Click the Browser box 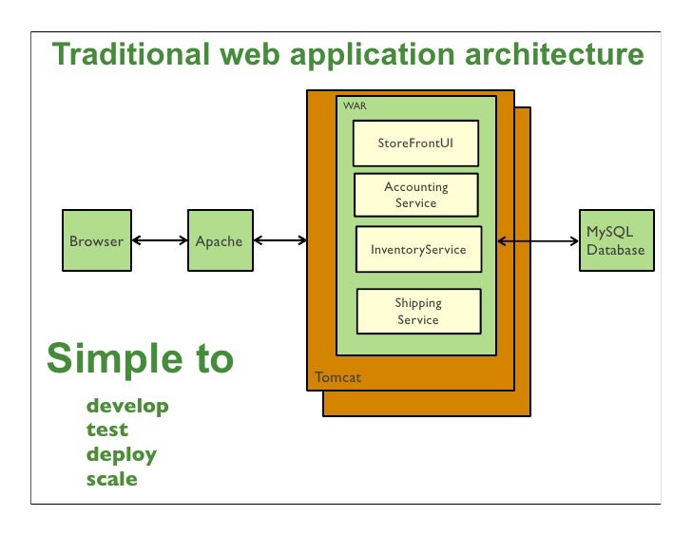coord(96,241)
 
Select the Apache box coord(219,241)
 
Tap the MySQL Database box coord(615,241)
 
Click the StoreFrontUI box coord(415,143)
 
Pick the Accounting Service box coord(415,195)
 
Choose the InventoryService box coord(418,250)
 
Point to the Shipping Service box coord(418,312)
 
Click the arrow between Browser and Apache coord(158,241)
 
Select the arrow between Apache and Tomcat coord(279,241)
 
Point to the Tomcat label coord(337,378)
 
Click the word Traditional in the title coord(128,54)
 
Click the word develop coord(127,407)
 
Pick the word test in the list coord(106,430)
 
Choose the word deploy coord(122,455)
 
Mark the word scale coord(112,479)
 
